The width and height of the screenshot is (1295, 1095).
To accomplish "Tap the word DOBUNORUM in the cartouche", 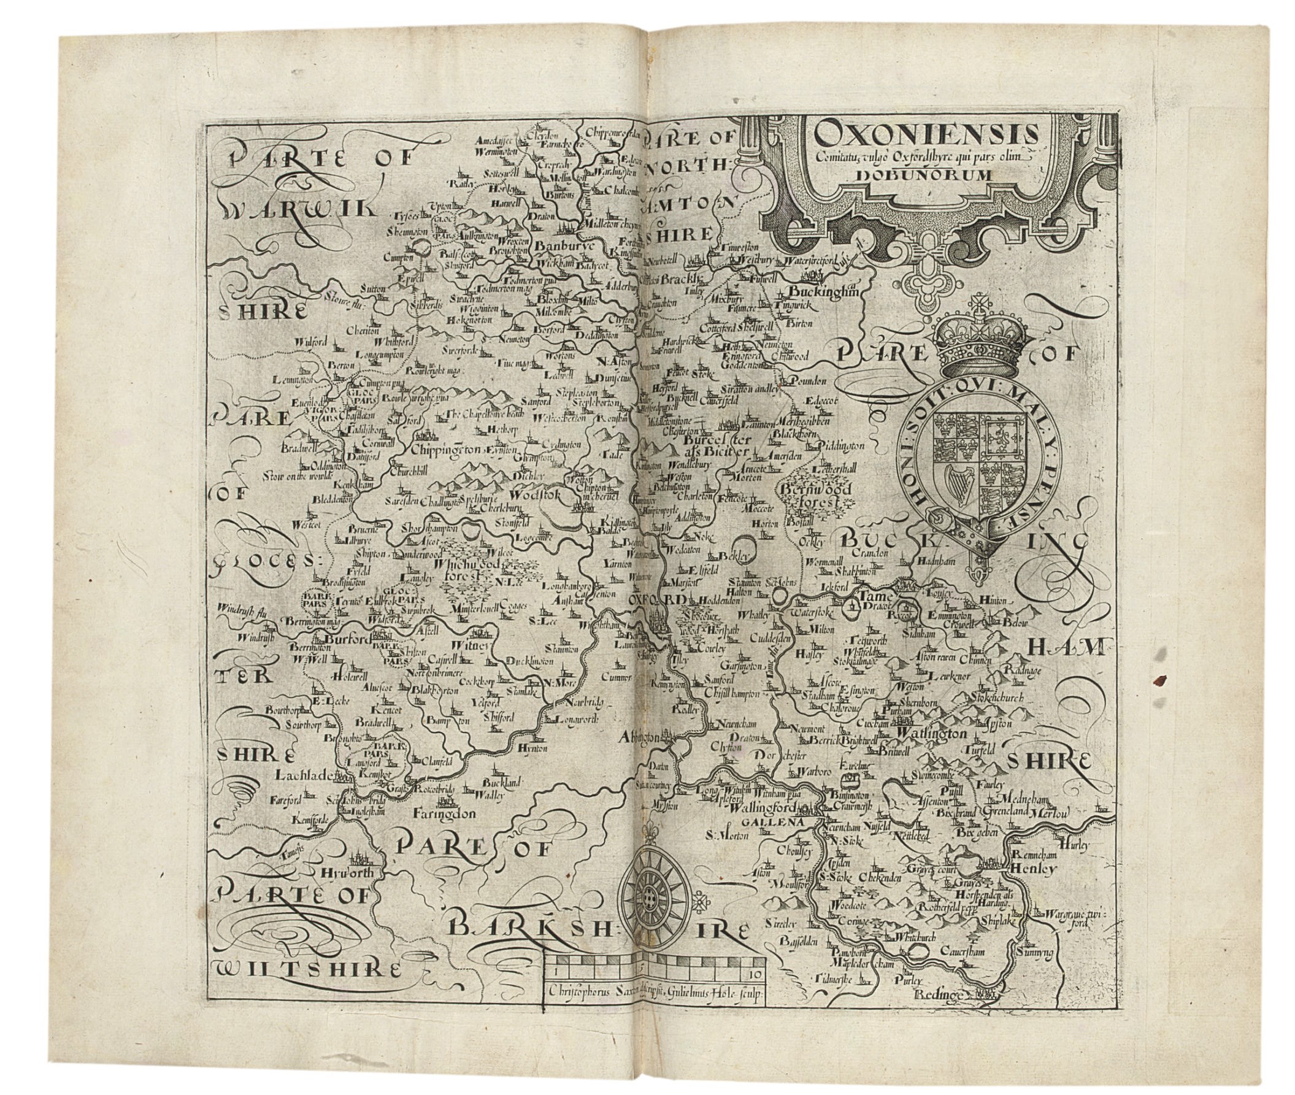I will click(924, 175).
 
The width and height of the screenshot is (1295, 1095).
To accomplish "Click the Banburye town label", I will click(564, 246).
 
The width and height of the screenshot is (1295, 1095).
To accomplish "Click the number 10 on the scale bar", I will click(755, 973).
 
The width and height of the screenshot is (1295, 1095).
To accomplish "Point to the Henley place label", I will click(1033, 869).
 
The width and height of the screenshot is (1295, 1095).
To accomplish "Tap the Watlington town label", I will click(931, 733).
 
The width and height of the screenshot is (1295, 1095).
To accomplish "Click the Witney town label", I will click(477, 646).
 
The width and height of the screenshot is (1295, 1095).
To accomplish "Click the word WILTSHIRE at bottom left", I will click(307, 970).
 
